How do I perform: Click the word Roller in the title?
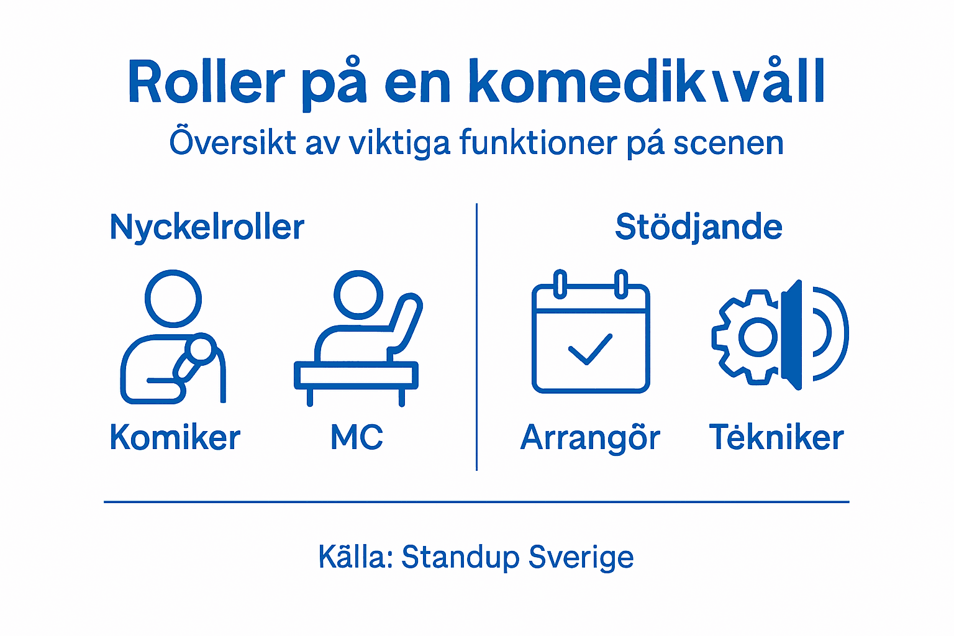206,82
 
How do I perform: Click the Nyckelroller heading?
207,227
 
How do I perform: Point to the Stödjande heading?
698,227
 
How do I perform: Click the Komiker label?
175,437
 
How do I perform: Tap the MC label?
357,437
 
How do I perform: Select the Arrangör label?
590,438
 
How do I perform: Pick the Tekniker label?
776,437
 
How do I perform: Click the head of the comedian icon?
173,298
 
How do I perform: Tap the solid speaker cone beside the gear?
792,335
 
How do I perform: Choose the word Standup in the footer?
460,557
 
